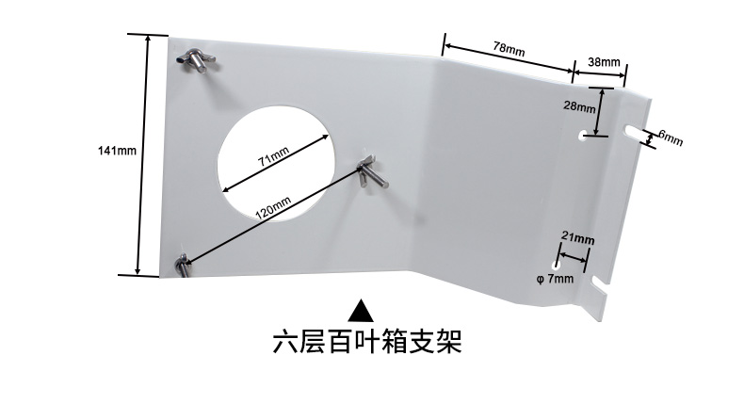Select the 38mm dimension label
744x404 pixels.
click(603, 62)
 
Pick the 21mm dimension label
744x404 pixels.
click(576, 239)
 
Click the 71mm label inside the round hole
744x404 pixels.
click(273, 156)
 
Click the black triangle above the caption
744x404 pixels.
click(362, 308)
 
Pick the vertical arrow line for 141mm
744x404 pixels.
click(145, 154)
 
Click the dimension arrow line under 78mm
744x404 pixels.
click(508, 57)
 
